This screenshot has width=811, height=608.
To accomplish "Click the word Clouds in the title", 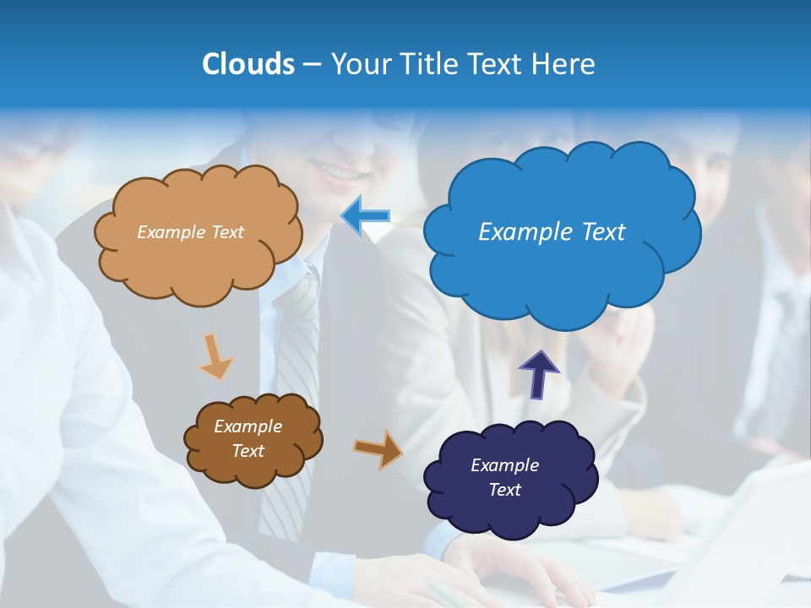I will [x=248, y=64].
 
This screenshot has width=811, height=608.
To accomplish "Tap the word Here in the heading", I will [x=564, y=64].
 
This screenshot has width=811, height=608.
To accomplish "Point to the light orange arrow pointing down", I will [x=215, y=356].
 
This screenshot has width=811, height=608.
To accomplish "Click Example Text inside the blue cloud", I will [x=552, y=232].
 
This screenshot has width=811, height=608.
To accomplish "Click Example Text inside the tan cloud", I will [x=190, y=232].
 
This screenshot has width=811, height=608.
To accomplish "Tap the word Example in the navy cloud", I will [x=504, y=465].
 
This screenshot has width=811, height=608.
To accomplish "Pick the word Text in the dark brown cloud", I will [x=248, y=451].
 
